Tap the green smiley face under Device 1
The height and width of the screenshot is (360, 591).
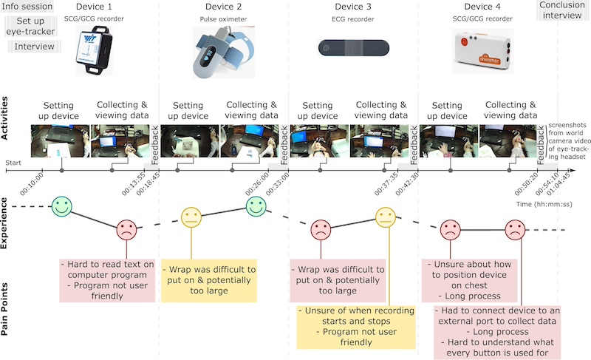63,205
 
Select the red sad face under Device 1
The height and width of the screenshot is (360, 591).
127,230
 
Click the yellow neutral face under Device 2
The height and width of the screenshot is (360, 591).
191,217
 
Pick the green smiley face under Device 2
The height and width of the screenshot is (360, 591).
256,205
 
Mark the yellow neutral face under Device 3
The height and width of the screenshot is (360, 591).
386,217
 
